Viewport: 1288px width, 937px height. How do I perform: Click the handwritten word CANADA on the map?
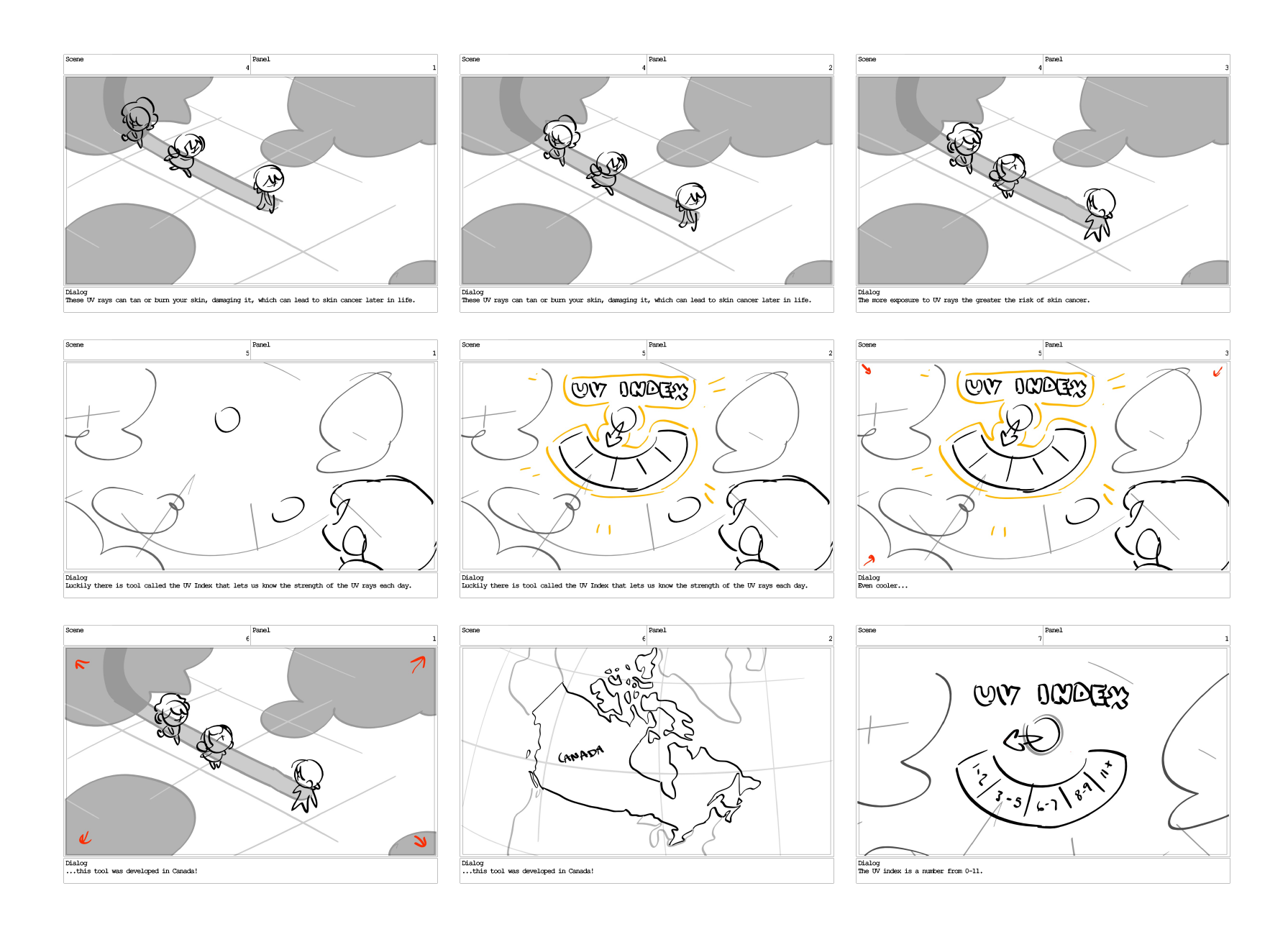[580, 755]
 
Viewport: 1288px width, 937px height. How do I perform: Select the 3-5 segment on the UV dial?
[1009, 799]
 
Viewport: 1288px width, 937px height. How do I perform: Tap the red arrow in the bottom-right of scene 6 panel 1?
[420, 841]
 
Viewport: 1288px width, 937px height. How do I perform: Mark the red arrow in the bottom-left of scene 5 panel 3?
[869, 559]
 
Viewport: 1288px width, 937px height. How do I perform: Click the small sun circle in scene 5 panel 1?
[227, 419]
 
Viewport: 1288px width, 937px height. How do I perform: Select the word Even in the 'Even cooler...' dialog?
[865, 586]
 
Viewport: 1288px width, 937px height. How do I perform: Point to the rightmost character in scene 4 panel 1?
[268, 188]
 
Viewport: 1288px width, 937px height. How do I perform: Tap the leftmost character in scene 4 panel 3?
[963, 147]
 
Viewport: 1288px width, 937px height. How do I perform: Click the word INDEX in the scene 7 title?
[1083, 695]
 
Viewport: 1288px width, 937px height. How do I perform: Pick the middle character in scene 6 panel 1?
[216, 745]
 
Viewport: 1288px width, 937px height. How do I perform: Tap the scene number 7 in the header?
[1039, 639]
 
